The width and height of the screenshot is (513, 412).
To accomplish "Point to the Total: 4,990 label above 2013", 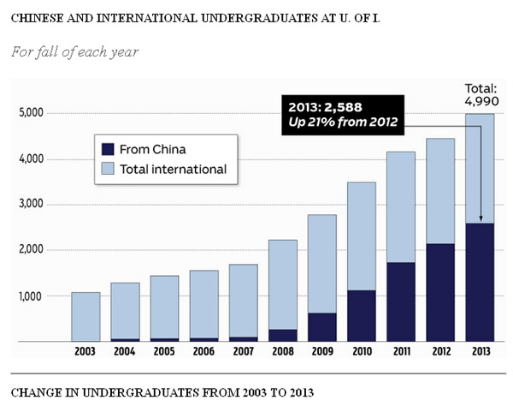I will (481, 94).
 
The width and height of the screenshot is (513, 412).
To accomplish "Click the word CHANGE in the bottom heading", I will (34, 393).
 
